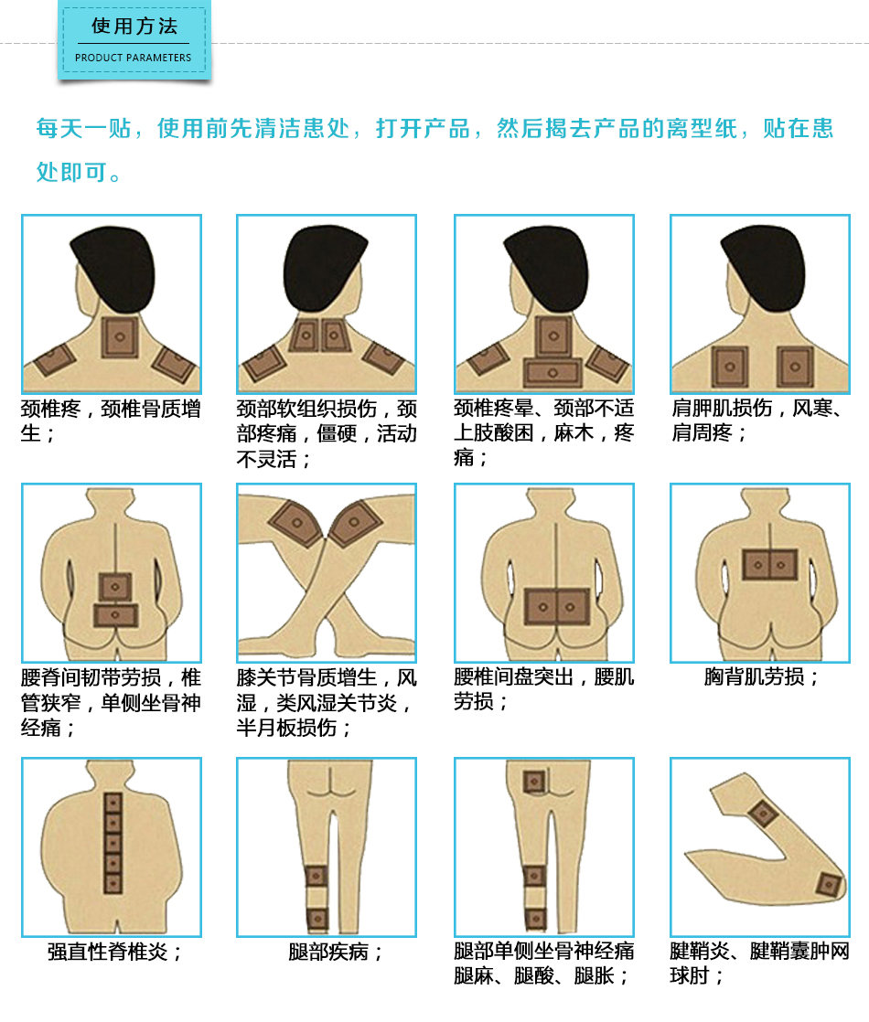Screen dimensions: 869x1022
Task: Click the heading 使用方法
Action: tap(134, 27)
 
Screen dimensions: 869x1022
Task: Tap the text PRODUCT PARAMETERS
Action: tap(133, 58)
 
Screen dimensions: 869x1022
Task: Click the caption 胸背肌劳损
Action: tap(761, 676)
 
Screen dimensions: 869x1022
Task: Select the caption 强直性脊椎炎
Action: tap(114, 952)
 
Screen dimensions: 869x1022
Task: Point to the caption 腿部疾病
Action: tap(335, 952)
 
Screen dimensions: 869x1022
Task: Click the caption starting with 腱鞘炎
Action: tap(759, 963)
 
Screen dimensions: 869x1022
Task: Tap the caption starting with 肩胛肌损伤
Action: tap(756, 421)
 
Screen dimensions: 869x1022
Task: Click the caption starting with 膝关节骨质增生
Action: tap(327, 703)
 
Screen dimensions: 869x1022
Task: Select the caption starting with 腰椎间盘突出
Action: tap(543, 689)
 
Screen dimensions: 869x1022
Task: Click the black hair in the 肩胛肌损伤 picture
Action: tap(763, 267)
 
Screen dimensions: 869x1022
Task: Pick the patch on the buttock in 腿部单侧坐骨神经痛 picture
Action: tap(534, 782)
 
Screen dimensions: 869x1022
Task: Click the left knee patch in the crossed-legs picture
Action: tap(297, 523)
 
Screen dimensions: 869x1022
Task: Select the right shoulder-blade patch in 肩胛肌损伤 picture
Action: tap(795, 367)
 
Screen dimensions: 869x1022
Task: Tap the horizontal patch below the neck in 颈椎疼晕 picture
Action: tap(553, 373)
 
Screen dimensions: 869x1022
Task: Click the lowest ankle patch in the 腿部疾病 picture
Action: tap(317, 919)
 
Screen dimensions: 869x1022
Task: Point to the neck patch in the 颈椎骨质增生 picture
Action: tap(120, 337)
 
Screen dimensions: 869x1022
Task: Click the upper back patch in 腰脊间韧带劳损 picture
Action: tap(115, 587)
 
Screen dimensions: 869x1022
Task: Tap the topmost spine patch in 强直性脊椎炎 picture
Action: tap(113, 803)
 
